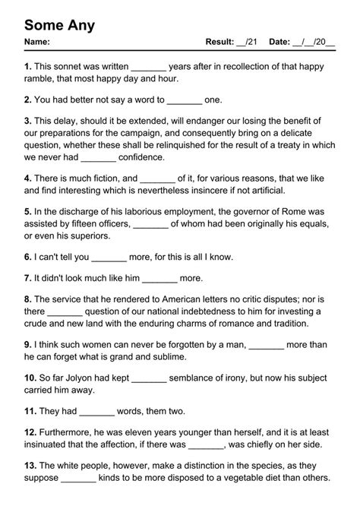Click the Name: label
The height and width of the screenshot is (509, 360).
[37, 42]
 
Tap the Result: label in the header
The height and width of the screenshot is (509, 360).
[220, 42]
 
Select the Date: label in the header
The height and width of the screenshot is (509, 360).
[280, 42]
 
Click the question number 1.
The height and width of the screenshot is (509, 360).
[27, 66]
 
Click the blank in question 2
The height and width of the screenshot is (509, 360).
[184, 100]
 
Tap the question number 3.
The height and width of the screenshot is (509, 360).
[27, 121]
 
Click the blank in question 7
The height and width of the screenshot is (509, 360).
[159, 279]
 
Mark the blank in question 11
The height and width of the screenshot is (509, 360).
[96, 411]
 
